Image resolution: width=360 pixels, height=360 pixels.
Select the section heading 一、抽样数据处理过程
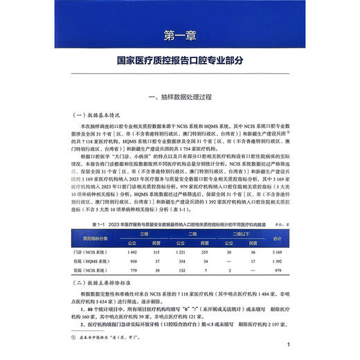pos(180,96)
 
